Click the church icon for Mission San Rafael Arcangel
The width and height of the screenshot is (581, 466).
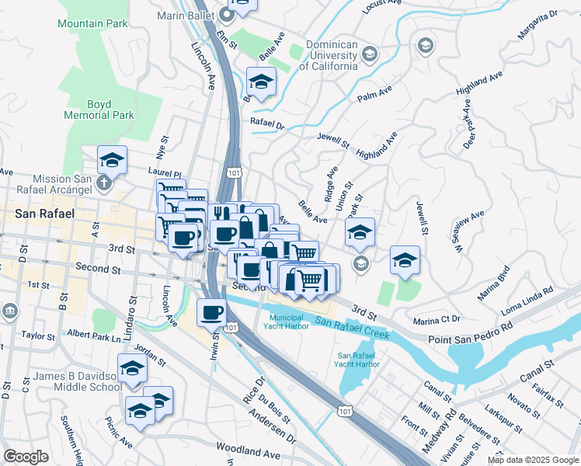[x=107, y=185]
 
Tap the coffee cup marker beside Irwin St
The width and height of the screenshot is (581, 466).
[x=212, y=313]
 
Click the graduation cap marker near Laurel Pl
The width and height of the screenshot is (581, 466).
[x=113, y=161]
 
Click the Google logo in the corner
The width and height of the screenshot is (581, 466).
[x=26, y=457]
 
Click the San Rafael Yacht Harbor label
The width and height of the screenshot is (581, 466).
[x=357, y=360]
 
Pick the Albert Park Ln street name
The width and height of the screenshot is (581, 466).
[x=95, y=334]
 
